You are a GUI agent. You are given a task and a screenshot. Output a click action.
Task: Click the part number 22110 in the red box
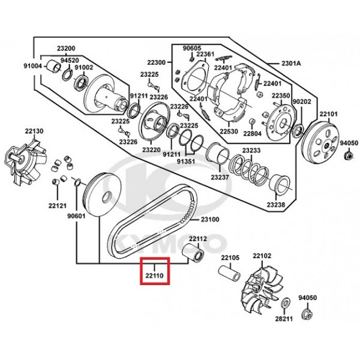coord(154,275)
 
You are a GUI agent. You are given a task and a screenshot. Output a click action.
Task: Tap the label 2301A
coord(291,63)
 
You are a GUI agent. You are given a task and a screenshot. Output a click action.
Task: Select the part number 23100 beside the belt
coord(210,220)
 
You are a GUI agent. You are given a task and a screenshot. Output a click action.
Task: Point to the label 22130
coord(34,131)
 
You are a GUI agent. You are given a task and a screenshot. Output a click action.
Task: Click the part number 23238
coord(276,205)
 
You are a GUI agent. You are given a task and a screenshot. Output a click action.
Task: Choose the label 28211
coord(284,319)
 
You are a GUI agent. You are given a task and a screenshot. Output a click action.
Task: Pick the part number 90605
coord(192,48)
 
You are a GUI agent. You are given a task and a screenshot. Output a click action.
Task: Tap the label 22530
coord(229,131)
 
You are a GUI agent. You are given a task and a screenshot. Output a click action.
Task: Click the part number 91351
coord(186,161)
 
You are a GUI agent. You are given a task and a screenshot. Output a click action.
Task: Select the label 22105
coord(230,257)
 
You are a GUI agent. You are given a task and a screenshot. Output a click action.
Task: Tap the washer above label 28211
coord(286,303)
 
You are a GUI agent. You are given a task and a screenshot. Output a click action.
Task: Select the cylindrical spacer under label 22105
coord(229,274)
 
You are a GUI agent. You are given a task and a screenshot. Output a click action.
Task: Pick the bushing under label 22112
coord(193,253)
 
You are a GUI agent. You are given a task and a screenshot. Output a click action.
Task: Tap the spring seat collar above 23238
coord(279,184)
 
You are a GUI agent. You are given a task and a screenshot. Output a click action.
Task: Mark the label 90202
coord(302,101)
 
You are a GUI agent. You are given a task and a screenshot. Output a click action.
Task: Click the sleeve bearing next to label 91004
coord(54,67)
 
